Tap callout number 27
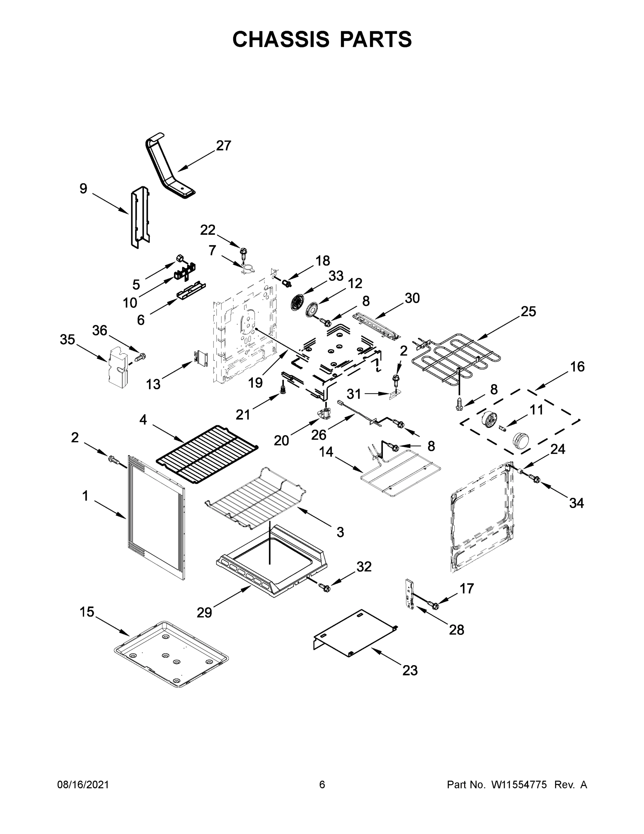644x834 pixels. point(224,146)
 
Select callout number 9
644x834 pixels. point(83,189)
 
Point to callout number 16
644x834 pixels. point(577,367)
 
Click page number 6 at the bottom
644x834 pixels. point(322,785)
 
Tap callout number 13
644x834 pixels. point(153,384)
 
